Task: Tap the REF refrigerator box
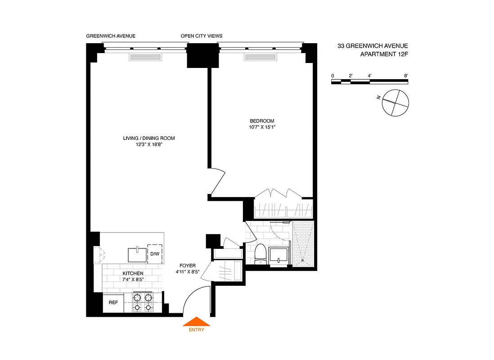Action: (113, 302)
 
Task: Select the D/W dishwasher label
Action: (155, 254)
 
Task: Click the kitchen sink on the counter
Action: (138, 255)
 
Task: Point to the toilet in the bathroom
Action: (260, 254)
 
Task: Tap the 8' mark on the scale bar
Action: (406, 76)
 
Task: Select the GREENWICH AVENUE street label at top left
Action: (111, 36)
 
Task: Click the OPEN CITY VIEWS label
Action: (201, 36)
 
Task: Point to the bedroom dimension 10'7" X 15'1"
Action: (262, 127)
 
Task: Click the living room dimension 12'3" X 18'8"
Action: (148, 144)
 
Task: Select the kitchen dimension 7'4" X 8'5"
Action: (133, 280)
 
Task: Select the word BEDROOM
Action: (262, 121)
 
